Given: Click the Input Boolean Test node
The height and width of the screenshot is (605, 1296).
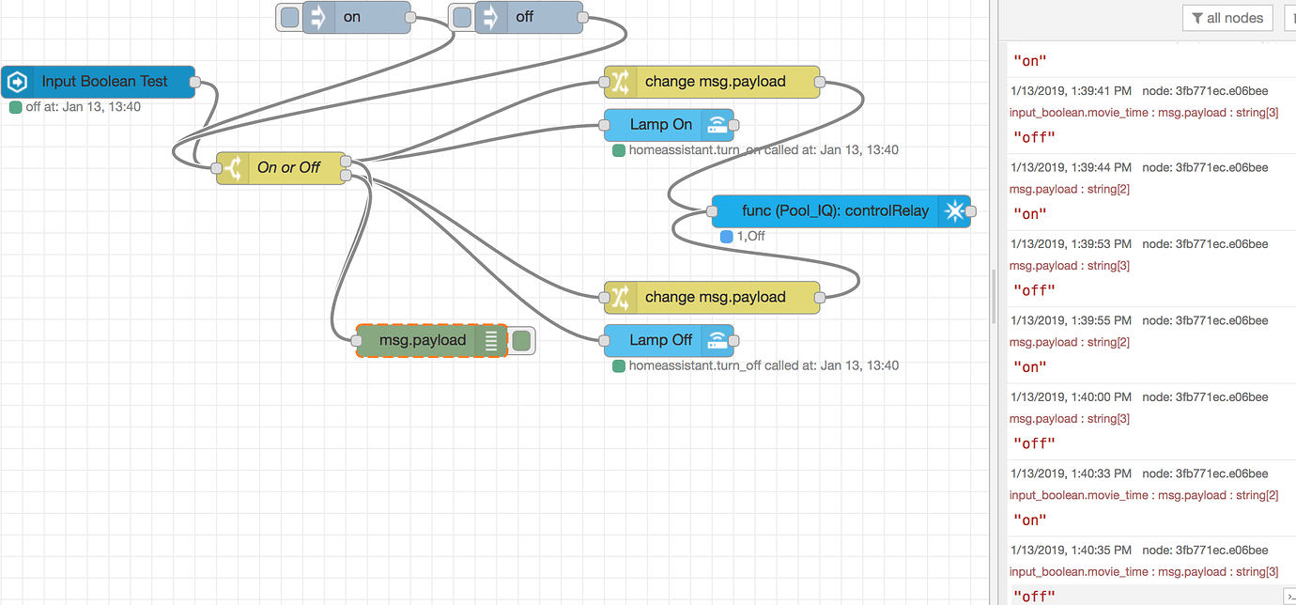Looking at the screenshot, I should pyautogui.click(x=103, y=82).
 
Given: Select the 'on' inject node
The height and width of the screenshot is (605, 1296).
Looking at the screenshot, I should pyautogui.click(x=357, y=17).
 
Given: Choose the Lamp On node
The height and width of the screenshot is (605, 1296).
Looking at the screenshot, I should pyautogui.click(x=660, y=125).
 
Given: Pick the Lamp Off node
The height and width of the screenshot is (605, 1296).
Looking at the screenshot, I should pyautogui.click(x=660, y=340).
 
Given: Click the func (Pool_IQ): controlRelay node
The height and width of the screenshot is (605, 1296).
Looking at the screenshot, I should pyautogui.click(x=834, y=211).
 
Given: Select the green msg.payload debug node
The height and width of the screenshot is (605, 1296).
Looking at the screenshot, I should pyautogui.click(x=423, y=340).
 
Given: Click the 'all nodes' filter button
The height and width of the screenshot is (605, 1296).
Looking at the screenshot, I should pyautogui.click(x=1227, y=18).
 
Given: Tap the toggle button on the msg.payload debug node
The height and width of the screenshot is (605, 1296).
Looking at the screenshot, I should pyautogui.click(x=521, y=340).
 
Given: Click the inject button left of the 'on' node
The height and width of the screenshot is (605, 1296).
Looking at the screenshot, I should pyautogui.click(x=290, y=17).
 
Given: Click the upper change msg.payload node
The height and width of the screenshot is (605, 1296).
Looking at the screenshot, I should pyautogui.click(x=715, y=82).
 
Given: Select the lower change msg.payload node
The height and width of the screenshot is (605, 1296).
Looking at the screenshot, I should pyautogui.click(x=715, y=297).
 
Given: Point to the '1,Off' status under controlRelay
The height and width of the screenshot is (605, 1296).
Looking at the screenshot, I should pyautogui.click(x=748, y=236).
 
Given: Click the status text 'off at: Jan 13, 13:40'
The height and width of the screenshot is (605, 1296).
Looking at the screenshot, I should pyautogui.click(x=83, y=107).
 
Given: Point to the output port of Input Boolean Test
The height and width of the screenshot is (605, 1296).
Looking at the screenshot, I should pyautogui.click(x=195, y=82).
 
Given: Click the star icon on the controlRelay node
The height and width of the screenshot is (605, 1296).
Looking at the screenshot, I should pyautogui.click(x=953, y=211).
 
